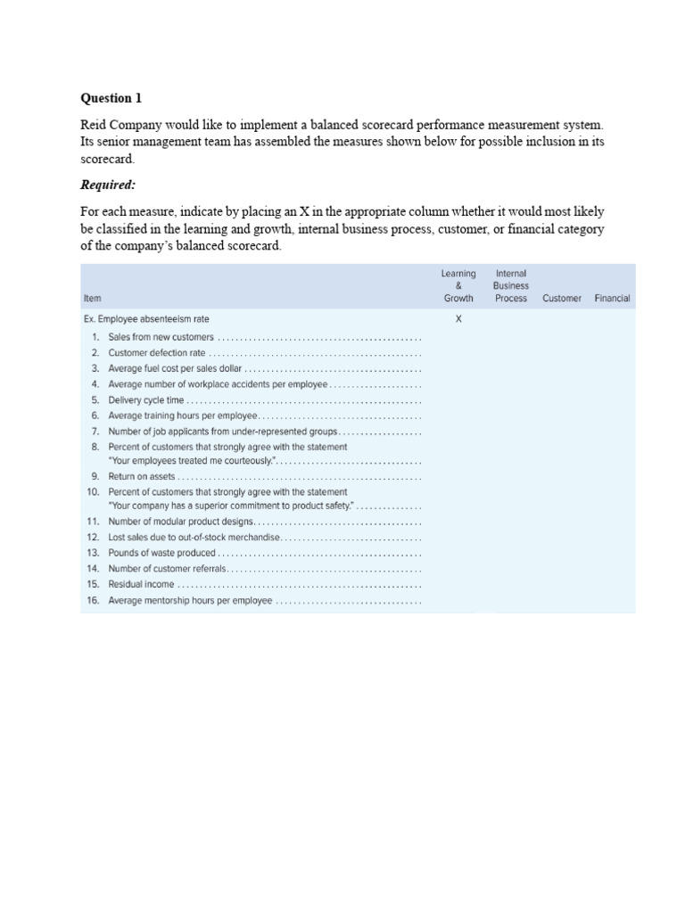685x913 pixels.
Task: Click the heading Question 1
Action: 111,98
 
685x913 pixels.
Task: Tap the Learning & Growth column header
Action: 458,285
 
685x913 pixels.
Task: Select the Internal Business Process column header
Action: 511,285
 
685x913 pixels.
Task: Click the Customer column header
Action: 562,299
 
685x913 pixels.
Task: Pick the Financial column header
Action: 612,299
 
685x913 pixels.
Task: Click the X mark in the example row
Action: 458,319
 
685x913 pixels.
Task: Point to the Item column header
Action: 92,299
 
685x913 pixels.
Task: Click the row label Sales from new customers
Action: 161,338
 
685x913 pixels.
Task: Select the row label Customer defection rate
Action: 156,353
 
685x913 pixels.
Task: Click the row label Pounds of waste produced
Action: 161,554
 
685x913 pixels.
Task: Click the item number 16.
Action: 92,601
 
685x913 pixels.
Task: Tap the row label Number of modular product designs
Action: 181,522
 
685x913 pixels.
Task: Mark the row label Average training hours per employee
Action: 182,415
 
